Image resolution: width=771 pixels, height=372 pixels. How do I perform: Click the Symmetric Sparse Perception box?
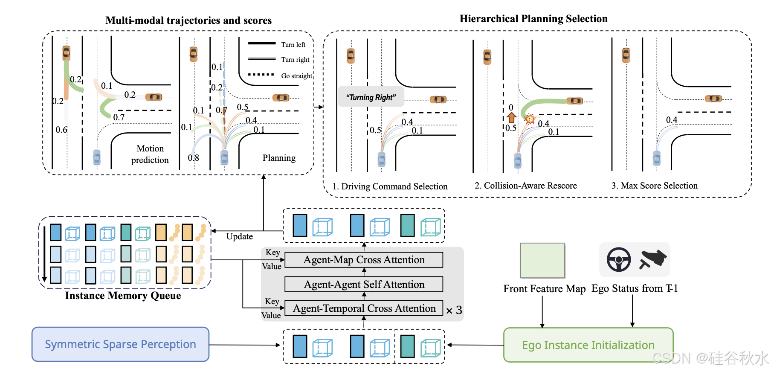tap(120, 344)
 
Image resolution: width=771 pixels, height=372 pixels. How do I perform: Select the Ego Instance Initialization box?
tap(588, 345)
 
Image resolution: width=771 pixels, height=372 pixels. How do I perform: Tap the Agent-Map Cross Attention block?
tap(364, 260)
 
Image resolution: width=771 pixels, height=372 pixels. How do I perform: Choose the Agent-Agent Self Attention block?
tap(364, 285)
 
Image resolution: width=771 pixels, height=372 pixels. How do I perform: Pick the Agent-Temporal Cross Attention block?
tap(364, 308)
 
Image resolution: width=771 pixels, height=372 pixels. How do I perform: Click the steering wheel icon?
tap(619, 259)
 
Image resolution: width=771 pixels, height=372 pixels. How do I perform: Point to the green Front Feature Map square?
tap(542, 260)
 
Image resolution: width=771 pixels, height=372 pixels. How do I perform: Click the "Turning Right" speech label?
tap(371, 98)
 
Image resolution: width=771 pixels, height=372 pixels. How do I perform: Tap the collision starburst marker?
tap(530, 119)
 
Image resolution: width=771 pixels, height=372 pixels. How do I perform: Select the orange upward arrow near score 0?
tap(512, 117)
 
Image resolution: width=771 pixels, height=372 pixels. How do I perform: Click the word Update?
tap(239, 236)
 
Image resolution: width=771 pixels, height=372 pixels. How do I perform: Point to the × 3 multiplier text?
tap(454, 310)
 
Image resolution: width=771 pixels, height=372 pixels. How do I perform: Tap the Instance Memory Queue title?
tap(123, 296)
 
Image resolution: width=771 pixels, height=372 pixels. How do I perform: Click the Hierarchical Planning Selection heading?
tap(533, 19)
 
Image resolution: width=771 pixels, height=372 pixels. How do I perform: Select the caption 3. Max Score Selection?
tap(654, 186)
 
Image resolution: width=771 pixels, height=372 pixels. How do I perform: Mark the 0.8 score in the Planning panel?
tap(193, 158)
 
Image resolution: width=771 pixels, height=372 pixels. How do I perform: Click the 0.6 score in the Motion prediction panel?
tap(61, 130)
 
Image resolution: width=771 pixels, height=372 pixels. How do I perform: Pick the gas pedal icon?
tap(652, 259)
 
